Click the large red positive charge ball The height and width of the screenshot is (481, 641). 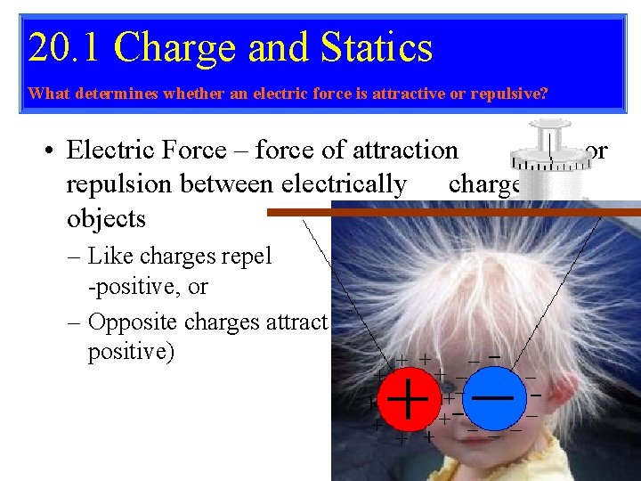pos(408,398)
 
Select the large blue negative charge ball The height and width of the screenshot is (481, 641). pos(491,398)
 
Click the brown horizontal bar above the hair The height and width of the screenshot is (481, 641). pos(445,212)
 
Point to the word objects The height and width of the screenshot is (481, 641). pos(106,218)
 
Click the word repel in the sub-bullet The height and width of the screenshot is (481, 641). pos(248,257)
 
